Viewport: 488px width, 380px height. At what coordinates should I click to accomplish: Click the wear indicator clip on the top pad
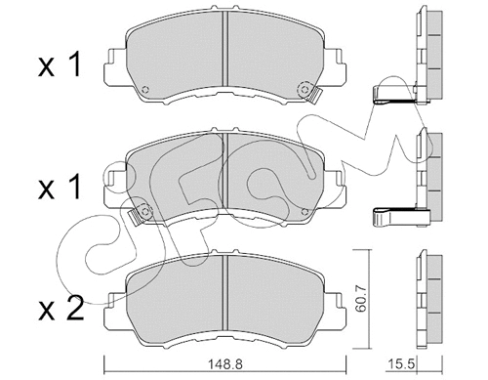315,95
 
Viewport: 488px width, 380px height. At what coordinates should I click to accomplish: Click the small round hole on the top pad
145,92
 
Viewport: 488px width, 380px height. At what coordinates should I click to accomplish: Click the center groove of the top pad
226,54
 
